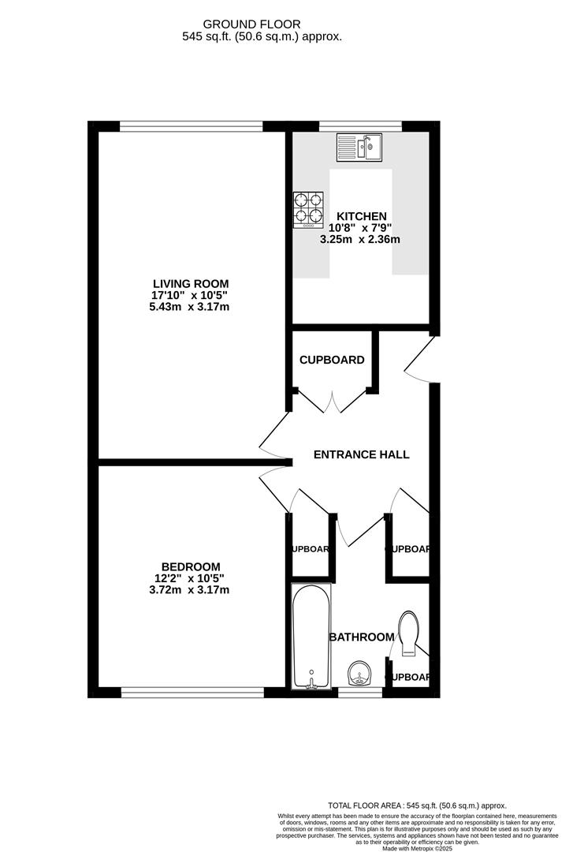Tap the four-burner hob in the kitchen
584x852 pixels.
coord(308,210)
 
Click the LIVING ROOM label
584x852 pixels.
coord(191,284)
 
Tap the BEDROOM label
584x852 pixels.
coord(191,566)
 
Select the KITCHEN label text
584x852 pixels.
coord(362,216)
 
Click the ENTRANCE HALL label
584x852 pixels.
coord(362,454)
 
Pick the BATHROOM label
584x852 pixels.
coord(362,637)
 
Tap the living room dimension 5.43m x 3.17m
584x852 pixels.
coord(191,306)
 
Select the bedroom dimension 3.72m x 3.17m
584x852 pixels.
coord(191,589)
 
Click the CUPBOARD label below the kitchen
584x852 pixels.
coord(332,360)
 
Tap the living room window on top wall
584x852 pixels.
coord(191,125)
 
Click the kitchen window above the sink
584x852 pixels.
coord(360,125)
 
